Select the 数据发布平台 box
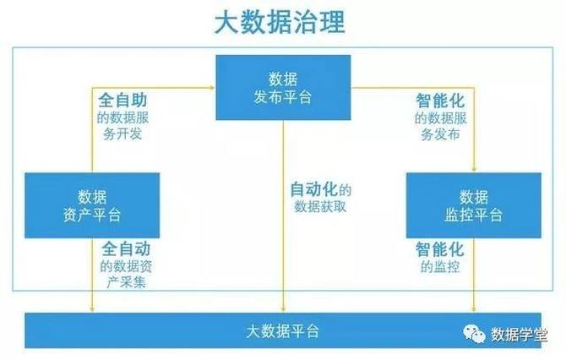(282, 88)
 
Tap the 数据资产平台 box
(92, 205)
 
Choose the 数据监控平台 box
(473, 205)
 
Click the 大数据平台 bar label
(283, 330)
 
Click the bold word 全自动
(127, 249)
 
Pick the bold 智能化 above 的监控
(439, 249)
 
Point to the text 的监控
(439, 267)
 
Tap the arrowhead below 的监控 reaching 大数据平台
(473, 308)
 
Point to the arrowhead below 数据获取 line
(282, 308)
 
